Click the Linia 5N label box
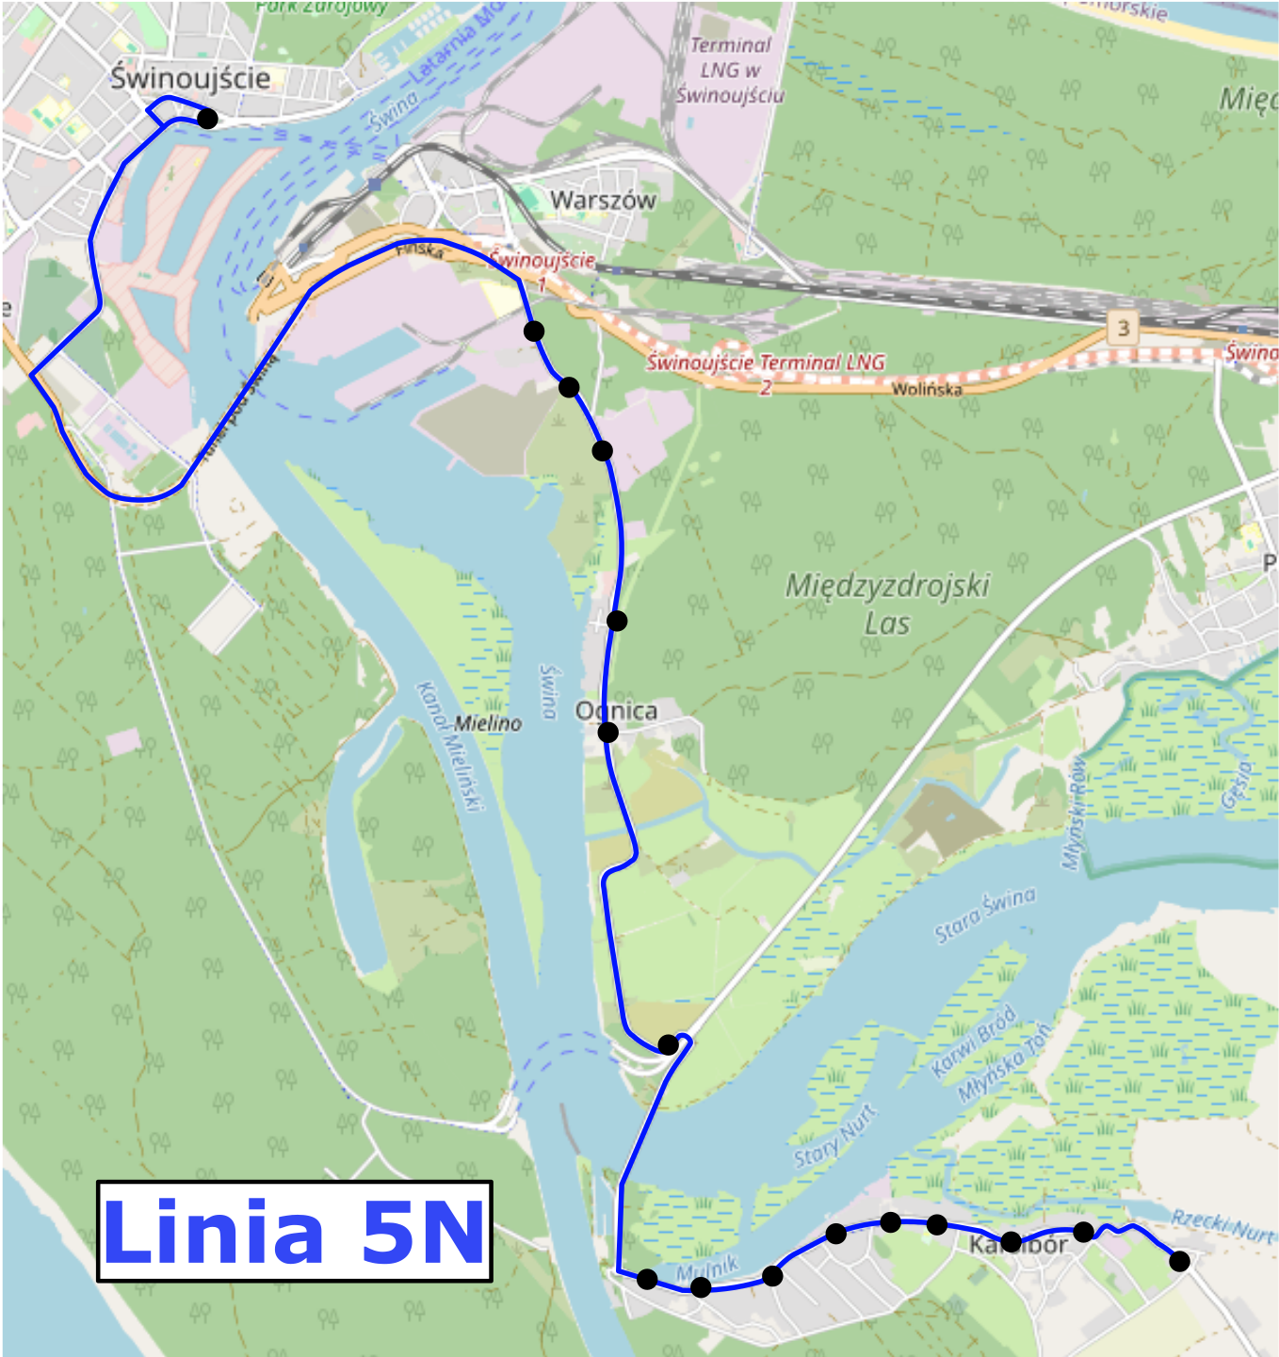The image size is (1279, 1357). pos(294,1231)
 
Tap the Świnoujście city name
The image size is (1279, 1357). pos(190,77)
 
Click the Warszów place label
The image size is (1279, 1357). pos(603,200)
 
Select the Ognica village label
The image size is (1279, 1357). pos(618,710)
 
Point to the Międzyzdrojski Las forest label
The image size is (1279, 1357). pos(887,603)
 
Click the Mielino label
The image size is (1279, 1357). pos(488,723)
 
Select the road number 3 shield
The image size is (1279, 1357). pos(1122,328)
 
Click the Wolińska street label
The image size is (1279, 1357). pos(927,388)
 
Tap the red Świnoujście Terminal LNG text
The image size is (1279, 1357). pos(765,363)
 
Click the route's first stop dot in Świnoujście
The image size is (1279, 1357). pos(207,119)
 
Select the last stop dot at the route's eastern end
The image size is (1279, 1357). pos(1179,1261)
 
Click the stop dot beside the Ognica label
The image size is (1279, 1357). pos(608,732)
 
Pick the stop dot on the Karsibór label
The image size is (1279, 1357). pos(1011,1241)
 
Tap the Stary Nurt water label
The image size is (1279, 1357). pos(834,1136)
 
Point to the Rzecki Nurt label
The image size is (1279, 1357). pos(1222,1224)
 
